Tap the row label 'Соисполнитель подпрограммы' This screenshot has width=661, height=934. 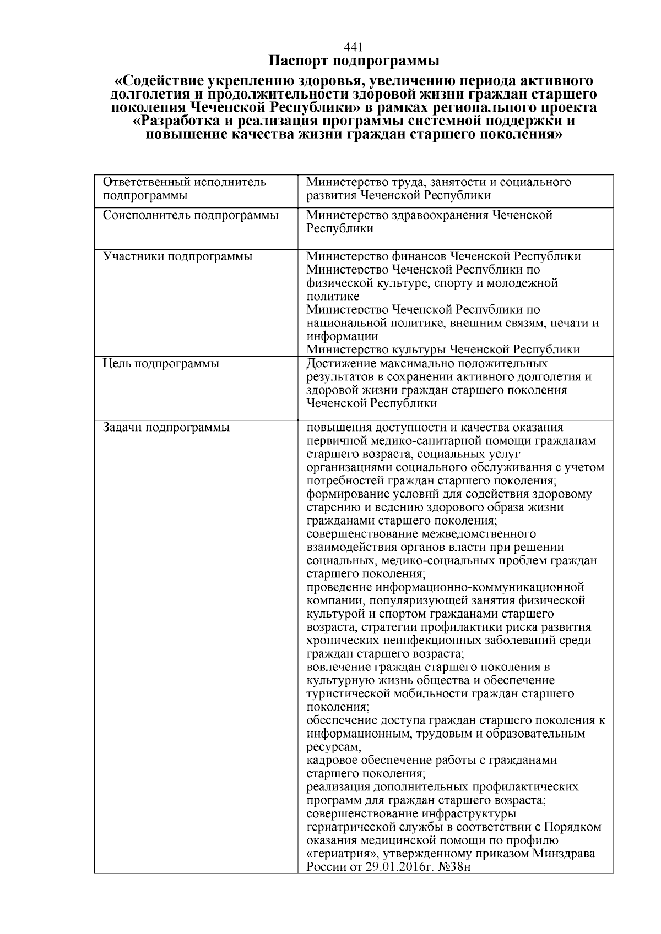(191, 215)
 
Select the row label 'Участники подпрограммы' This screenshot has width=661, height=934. (178, 256)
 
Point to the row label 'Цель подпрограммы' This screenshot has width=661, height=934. (161, 364)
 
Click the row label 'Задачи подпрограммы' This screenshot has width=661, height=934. (166, 428)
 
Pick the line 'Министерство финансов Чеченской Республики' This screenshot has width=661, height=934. (443, 256)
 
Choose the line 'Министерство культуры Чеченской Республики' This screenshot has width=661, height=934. (443, 349)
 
